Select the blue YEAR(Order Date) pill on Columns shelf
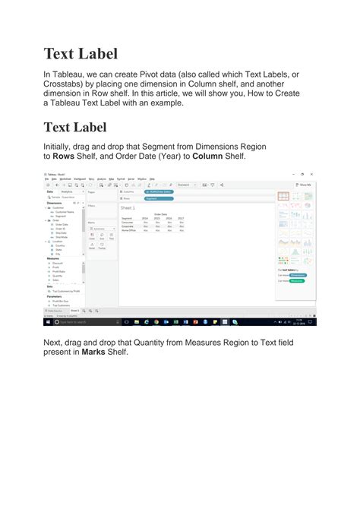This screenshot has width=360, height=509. (x=157, y=191)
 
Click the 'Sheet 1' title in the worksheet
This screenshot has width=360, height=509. (x=128, y=207)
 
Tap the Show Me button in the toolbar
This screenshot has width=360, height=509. (x=303, y=185)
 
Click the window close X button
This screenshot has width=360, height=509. (x=311, y=174)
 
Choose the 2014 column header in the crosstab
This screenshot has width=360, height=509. (x=145, y=217)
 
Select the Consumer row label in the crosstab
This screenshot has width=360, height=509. (x=127, y=222)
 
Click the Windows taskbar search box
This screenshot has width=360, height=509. (x=76, y=321)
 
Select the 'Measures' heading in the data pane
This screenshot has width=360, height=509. (x=54, y=258)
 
